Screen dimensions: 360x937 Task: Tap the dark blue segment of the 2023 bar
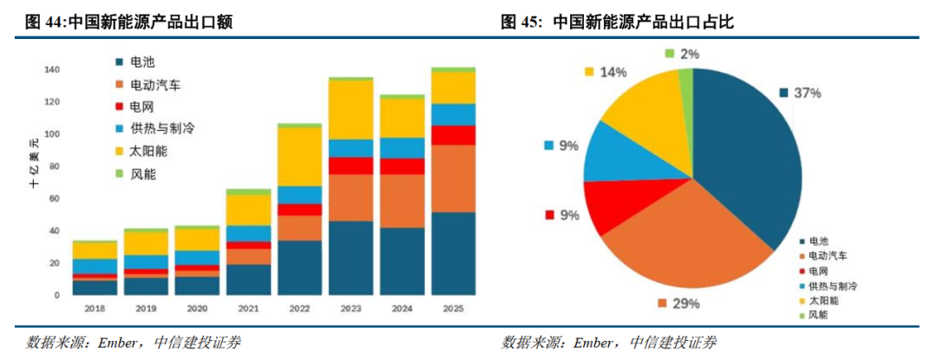351,258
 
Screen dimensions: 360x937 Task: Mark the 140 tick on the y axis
50,69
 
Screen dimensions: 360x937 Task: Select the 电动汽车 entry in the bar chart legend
154,85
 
